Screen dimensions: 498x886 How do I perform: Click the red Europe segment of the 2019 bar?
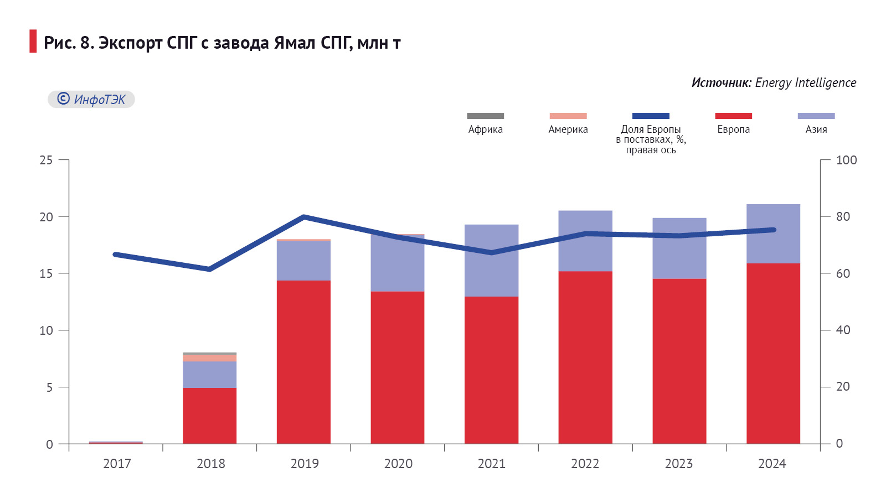point(303,362)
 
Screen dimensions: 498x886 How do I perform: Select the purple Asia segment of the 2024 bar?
point(773,234)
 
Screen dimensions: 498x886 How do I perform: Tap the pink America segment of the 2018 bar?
point(210,358)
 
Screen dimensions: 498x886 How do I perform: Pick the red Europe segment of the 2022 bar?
point(585,357)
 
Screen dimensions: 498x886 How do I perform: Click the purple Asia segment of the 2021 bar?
point(491,260)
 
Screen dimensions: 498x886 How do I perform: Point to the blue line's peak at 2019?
point(304,216)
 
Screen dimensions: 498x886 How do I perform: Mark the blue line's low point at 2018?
point(210,269)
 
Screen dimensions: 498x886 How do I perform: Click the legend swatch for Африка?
point(485,116)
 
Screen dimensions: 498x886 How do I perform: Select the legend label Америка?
point(568,129)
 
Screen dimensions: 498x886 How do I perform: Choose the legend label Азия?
point(816,129)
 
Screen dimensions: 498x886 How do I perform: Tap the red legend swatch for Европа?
point(733,116)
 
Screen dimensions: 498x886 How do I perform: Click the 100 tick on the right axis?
point(846,160)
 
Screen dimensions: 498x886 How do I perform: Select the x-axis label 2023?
point(679,464)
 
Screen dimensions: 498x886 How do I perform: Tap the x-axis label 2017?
point(117,464)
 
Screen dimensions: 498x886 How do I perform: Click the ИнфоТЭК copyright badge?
point(91,100)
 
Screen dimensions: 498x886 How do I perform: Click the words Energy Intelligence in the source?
point(805,83)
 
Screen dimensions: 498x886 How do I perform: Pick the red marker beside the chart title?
point(33,41)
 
